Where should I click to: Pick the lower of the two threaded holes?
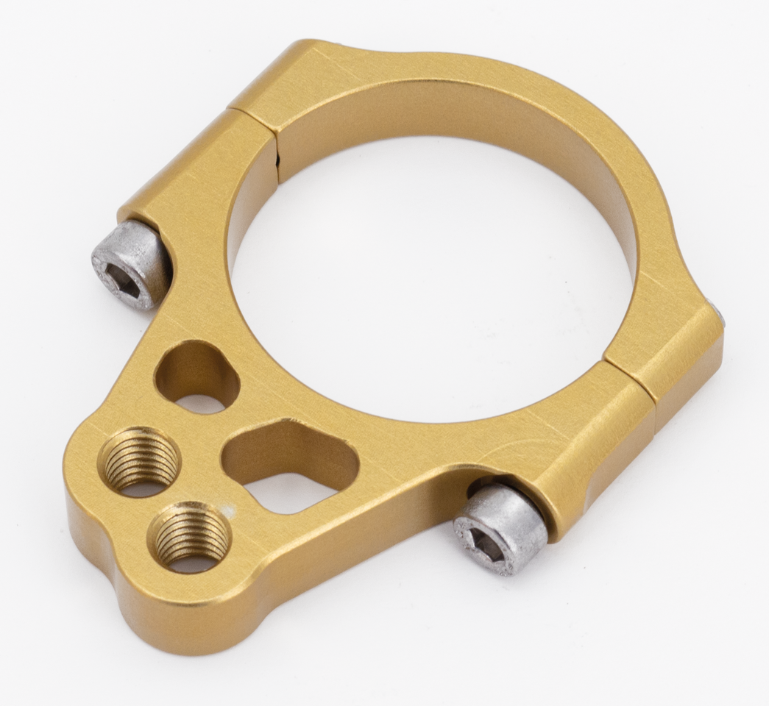tap(189, 536)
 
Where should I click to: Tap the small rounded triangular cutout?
tap(196, 375)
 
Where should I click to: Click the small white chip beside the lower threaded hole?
tap(232, 509)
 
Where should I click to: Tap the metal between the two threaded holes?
tap(166, 500)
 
